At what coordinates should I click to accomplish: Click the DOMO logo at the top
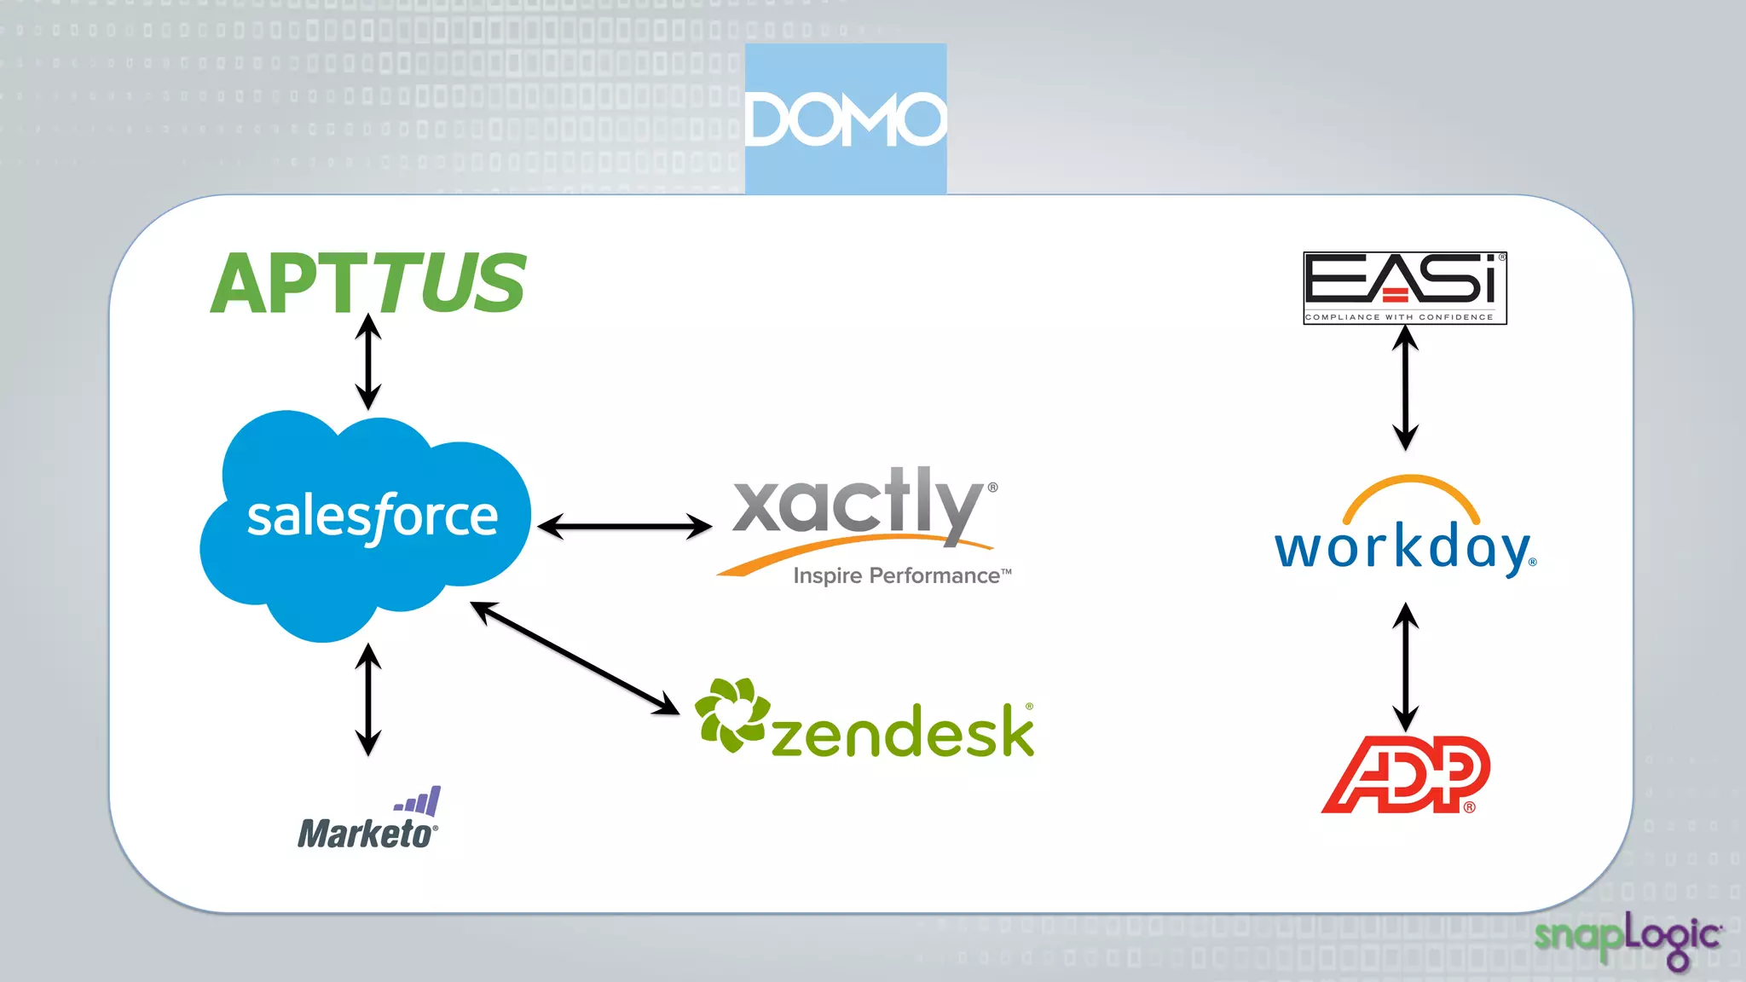click(x=845, y=118)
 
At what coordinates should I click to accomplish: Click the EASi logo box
click(x=1405, y=287)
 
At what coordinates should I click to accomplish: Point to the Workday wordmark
click(x=1403, y=548)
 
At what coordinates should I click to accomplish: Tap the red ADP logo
click(x=1405, y=774)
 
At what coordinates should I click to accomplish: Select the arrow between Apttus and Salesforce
click(x=368, y=361)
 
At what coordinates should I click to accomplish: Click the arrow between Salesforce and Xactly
click(x=625, y=526)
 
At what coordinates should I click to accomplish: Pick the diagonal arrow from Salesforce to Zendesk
click(x=575, y=657)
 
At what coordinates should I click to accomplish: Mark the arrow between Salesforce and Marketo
click(x=368, y=699)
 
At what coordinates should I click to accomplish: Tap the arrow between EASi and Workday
click(x=1405, y=388)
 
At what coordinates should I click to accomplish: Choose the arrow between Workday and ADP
click(x=1405, y=667)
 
